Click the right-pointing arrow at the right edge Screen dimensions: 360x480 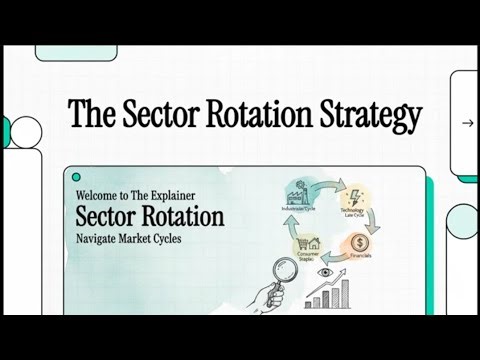(467, 123)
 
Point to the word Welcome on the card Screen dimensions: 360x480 (99, 197)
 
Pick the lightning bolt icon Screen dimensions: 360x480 (354, 197)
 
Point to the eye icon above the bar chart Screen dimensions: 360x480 (326, 272)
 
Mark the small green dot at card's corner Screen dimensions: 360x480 (76, 176)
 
